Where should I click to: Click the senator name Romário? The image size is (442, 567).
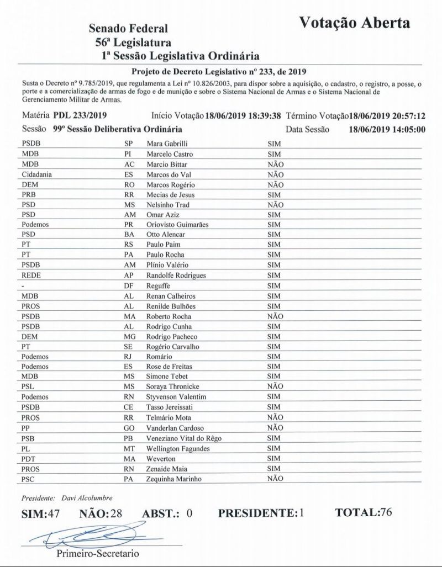pyautogui.click(x=159, y=357)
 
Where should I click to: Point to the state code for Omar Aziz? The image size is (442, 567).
pyautogui.click(x=130, y=214)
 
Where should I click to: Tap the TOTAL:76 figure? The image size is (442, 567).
pyautogui.click(x=364, y=512)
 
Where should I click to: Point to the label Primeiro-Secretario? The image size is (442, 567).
pyautogui.click(x=98, y=553)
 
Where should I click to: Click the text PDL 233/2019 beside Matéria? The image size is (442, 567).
pyautogui.click(x=80, y=116)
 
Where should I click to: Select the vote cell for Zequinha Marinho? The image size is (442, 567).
pyautogui.click(x=275, y=478)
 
